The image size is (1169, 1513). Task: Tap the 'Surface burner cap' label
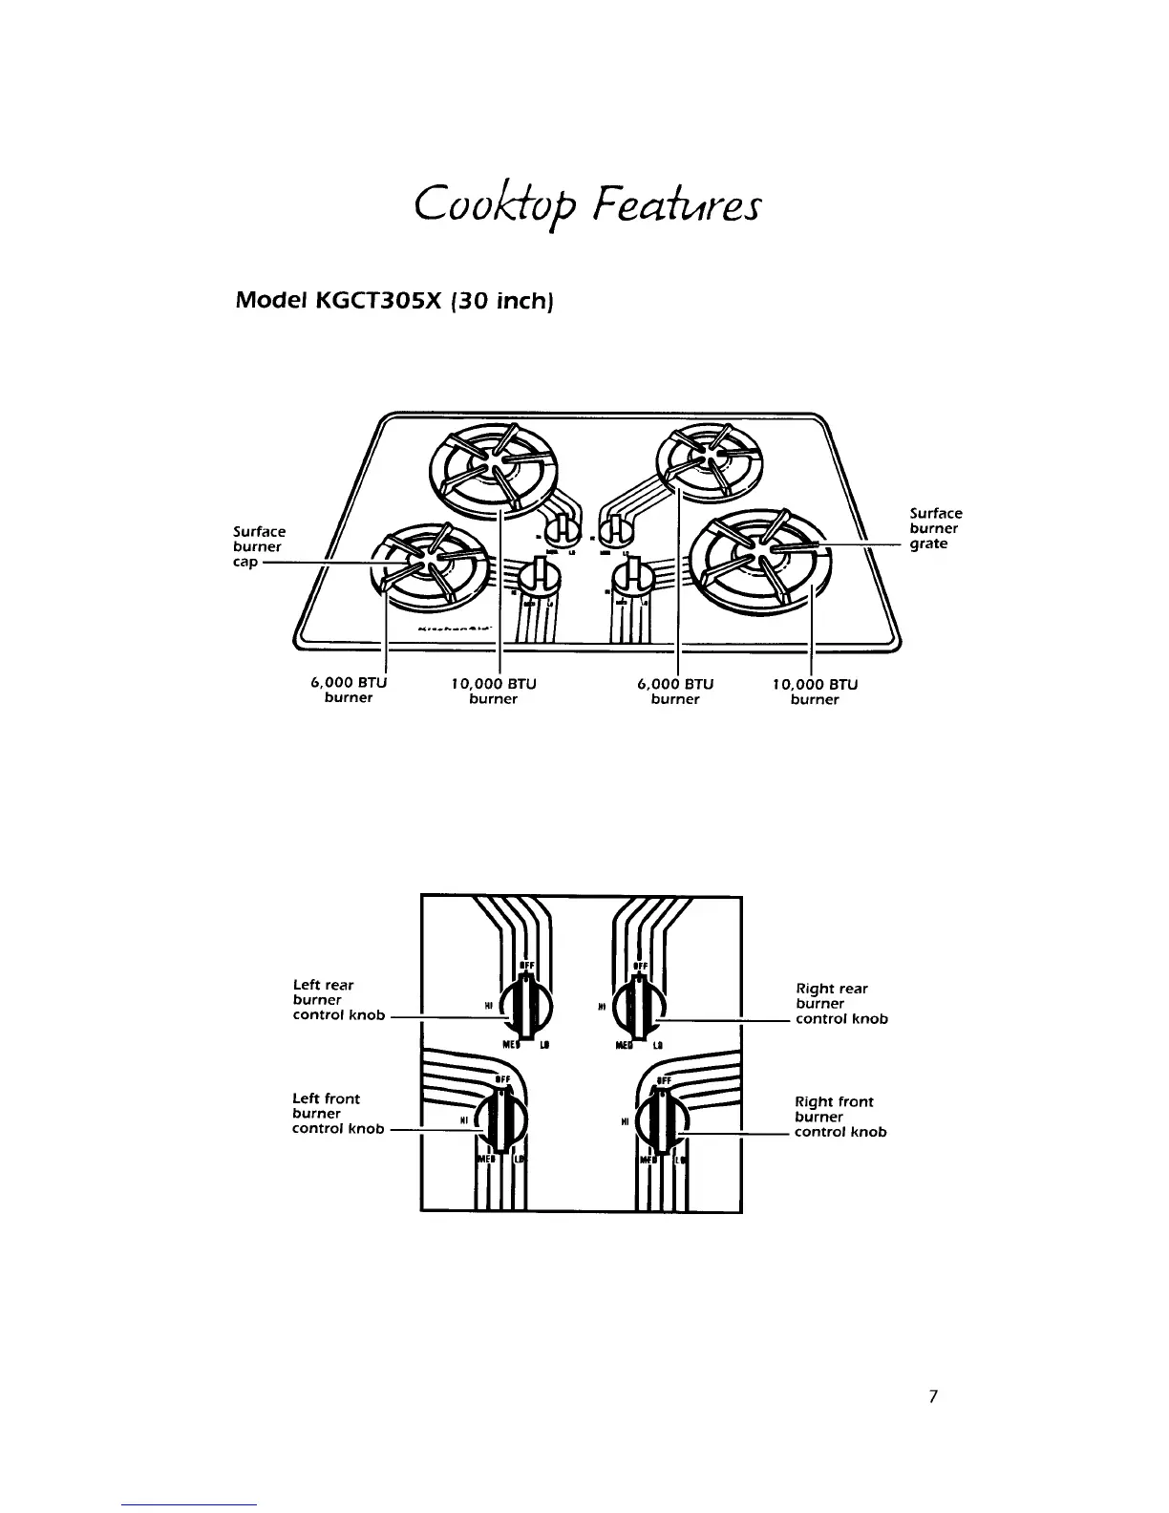click(x=259, y=547)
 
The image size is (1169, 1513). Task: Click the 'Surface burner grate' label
click(x=935, y=529)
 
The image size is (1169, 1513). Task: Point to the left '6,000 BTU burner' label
click(x=349, y=691)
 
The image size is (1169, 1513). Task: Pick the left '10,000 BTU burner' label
click(x=493, y=691)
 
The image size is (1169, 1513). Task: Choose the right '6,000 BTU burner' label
click(x=675, y=691)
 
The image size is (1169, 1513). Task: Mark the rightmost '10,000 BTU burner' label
click(x=815, y=692)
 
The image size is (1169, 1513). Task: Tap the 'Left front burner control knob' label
click(x=337, y=1114)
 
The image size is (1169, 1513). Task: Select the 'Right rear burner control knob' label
click(x=841, y=1004)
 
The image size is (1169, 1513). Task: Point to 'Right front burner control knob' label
click(x=840, y=1117)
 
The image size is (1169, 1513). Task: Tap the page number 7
click(x=933, y=1397)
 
